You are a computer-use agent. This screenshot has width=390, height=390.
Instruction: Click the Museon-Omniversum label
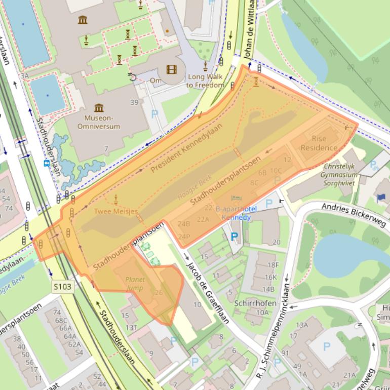tap(99, 122)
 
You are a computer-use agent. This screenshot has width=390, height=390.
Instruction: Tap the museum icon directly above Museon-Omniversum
tap(99, 107)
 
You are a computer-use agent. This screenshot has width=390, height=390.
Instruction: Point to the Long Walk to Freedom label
tap(205, 81)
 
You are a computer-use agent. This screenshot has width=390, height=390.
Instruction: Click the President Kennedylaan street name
tap(187, 147)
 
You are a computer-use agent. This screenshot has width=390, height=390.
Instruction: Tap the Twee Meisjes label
tap(115, 211)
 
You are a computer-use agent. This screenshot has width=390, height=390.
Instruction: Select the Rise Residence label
tap(319, 143)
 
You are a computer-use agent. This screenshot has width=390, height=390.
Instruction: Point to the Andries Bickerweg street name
tap(354, 214)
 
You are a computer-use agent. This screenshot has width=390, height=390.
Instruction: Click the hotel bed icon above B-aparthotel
tap(236, 199)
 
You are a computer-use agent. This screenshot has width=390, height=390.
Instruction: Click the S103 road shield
tap(63, 287)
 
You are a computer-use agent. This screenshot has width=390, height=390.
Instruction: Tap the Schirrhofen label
tap(255, 303)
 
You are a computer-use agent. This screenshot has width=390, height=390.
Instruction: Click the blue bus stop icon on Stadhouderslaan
tap(47, 163)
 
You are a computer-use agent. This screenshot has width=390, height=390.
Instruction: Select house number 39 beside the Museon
tap(134, 102)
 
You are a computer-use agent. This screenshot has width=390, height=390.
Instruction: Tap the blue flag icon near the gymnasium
tap(381, 197)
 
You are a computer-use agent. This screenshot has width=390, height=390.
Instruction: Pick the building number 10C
tap(276, 171)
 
